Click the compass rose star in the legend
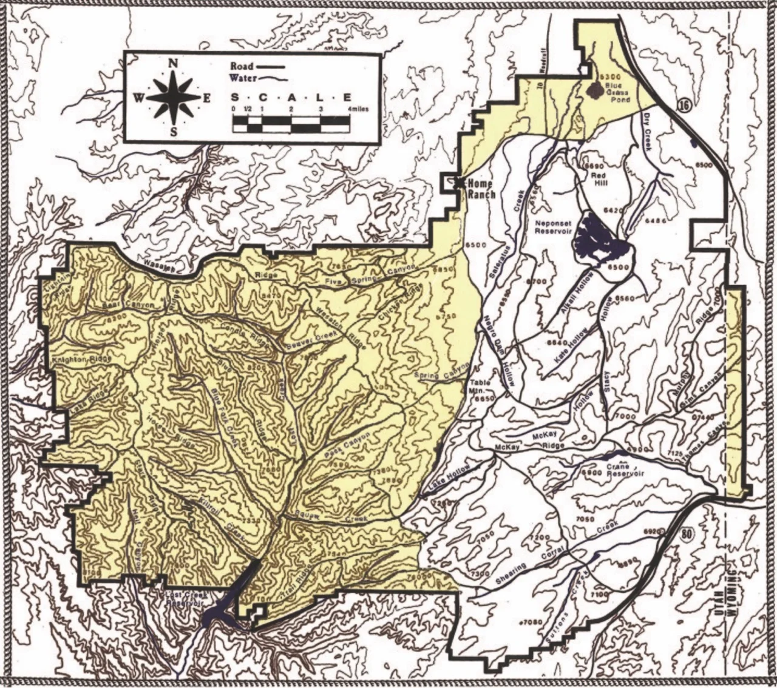[x=174, y=97]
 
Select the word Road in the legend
[x=241, y=66]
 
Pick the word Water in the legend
[x=243, y=78]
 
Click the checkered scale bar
[x=291, y=123]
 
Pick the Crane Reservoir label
[x=620, y=471]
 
